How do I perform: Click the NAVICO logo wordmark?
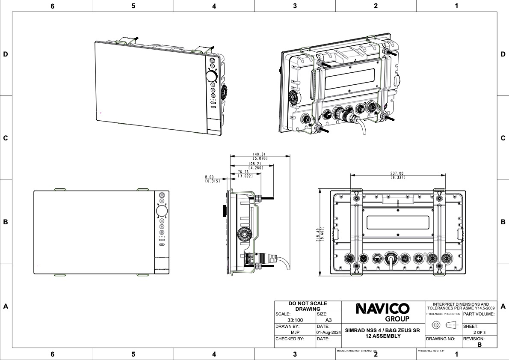(x=382, y=309)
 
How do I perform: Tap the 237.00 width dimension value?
(x=397, y=173)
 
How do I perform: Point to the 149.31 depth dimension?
(x=260, y=155)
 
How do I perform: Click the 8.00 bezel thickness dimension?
(x=209, y=177)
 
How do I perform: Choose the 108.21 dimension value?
(x=255, y=164)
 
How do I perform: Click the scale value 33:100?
(x=296, y=320)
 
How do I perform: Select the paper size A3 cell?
(x=328, y=320)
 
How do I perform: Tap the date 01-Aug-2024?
(x=328, y=332)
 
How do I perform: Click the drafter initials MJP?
(x=295, y=332)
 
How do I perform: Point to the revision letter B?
(x=479, y=344)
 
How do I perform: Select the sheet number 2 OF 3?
(x=479, y=332)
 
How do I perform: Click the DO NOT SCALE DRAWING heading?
(x=308, y=306)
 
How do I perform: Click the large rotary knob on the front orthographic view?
(x=162, y=211)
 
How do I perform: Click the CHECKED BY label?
(x=290, y=339)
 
